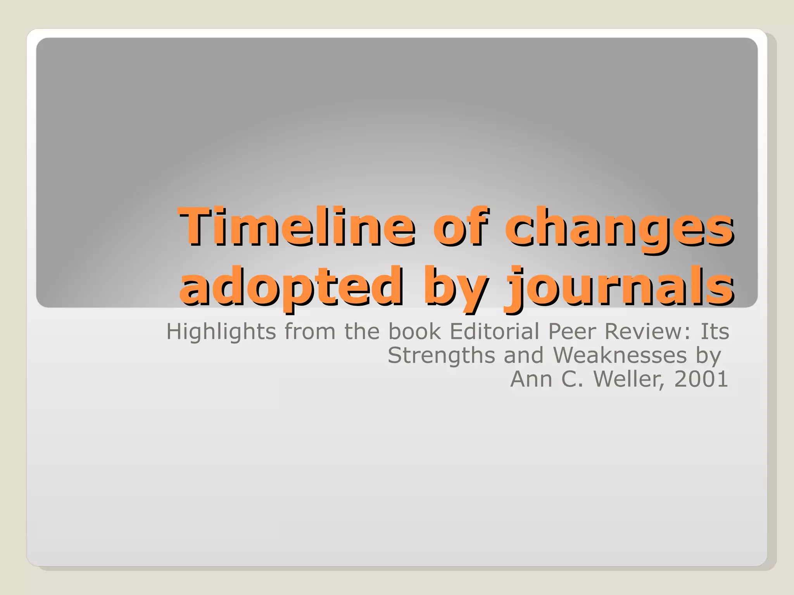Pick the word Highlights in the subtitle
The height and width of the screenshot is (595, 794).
click(221, 332)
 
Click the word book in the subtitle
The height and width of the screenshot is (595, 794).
click(414, 332)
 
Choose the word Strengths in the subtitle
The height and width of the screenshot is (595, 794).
click(441, 356)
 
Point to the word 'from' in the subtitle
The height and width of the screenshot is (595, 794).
click(310, 332)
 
